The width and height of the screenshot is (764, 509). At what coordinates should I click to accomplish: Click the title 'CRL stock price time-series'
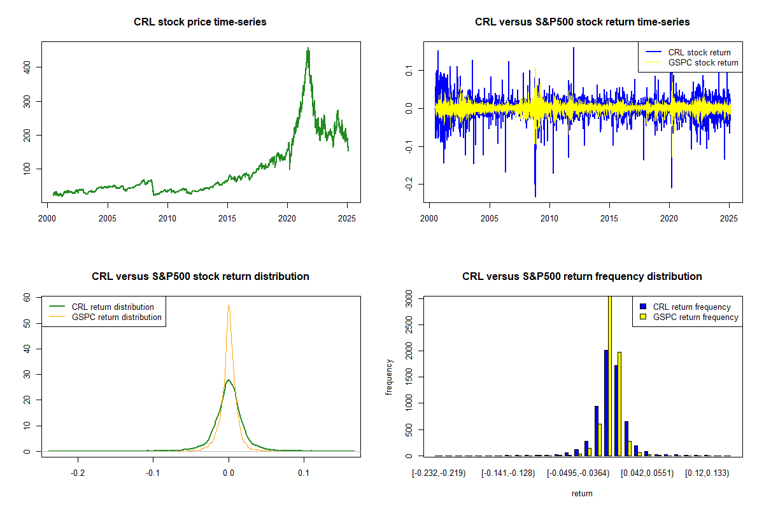click(x=200, y=22)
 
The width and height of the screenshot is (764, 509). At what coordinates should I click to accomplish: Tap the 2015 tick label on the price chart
click(x=227, y=218)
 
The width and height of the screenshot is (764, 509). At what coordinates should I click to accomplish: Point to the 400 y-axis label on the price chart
click(x=27, y=67)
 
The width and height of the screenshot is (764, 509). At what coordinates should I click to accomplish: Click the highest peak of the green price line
click(x=308, y=48)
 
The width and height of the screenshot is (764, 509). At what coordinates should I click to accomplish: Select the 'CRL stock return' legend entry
click(x=688, y=52)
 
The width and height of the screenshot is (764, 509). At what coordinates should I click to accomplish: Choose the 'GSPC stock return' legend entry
click(x=691, y=63)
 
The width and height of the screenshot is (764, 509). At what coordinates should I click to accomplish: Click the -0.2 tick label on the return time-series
click(x=409, y=184)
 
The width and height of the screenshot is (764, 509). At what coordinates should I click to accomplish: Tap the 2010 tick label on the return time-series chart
click(x=549, y=218)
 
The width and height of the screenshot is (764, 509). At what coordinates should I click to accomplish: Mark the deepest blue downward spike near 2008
click(x=535, y=197)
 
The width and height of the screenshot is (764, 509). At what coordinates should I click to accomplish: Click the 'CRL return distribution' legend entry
click(x=101, y=307)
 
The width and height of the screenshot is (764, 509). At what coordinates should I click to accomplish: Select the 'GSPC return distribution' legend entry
click(x=105, y=317)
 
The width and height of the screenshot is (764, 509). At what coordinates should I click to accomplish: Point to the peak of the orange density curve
click(x=229, y=305)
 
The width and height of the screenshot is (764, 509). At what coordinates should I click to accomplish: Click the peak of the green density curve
click(x=229, y=380)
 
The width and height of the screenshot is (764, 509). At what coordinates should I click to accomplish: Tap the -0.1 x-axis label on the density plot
click(x=153, y=473)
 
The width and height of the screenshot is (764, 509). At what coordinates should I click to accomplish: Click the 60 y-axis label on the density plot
click(x=27, y=298)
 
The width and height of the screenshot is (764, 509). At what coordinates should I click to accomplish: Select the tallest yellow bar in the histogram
click(x=610, y=376)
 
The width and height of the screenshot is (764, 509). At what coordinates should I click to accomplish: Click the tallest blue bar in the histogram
click(x=606, y=403)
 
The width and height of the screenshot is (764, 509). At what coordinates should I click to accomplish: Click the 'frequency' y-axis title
click(x=389, y=377)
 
